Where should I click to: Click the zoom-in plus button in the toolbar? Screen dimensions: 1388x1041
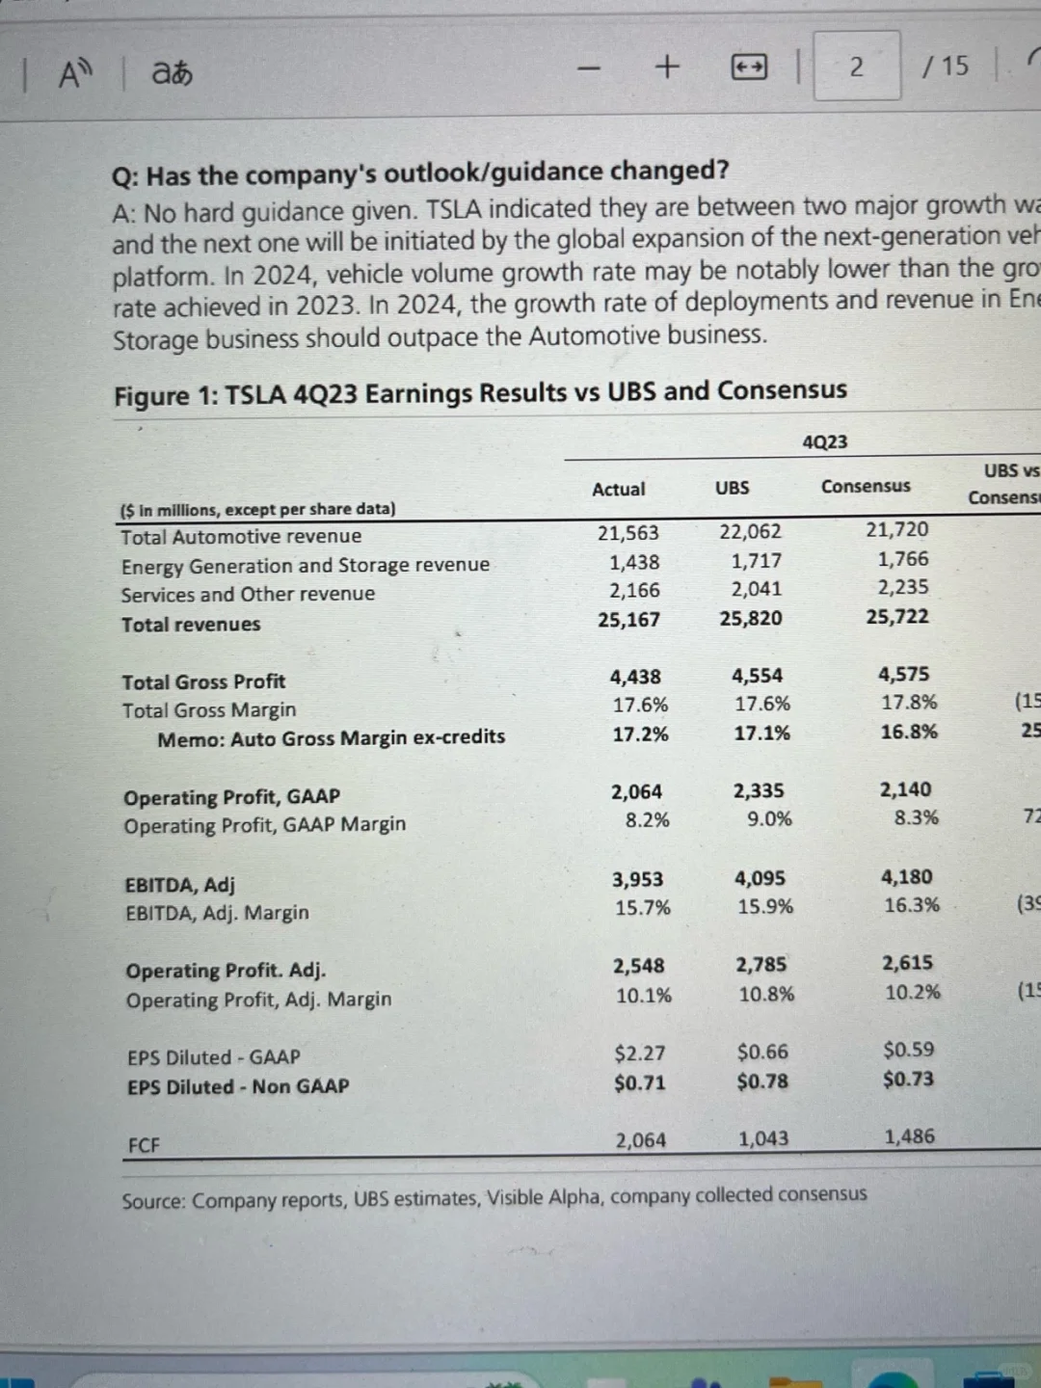coord(666,67)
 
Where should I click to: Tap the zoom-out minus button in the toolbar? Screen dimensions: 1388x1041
coord(589,67)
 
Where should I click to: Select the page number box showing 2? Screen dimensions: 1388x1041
coord(857,66)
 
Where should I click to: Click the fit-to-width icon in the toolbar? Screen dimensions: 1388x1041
coord(749,67)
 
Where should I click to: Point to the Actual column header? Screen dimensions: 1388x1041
coord(618,489)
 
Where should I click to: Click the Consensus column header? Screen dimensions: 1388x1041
coord(865,486)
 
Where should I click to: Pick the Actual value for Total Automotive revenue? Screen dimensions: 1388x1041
coord(627,533)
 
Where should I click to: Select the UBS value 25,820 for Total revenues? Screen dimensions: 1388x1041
coord(750,618)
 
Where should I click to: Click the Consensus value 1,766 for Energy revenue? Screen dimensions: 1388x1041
coord(902,559)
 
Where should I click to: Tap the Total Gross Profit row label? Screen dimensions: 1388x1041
coord(203,681)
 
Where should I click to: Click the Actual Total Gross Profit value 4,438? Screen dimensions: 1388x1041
coord(635,677)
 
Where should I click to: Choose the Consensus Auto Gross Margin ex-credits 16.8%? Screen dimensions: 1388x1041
coord(908,732)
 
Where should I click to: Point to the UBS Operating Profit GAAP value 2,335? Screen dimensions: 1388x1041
coord(759,790)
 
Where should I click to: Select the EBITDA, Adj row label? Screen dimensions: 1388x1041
coord(180,884)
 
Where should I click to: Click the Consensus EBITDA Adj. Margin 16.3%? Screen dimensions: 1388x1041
coord(911,905)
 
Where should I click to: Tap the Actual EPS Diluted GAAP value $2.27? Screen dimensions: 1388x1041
coord(639,1054)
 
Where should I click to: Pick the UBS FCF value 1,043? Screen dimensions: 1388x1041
coord(762,1138)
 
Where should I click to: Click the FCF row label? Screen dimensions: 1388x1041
coord(144,1145)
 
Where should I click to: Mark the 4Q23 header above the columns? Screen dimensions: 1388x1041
coord(824,441)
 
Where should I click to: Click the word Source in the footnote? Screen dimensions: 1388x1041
coord(153,1201)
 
